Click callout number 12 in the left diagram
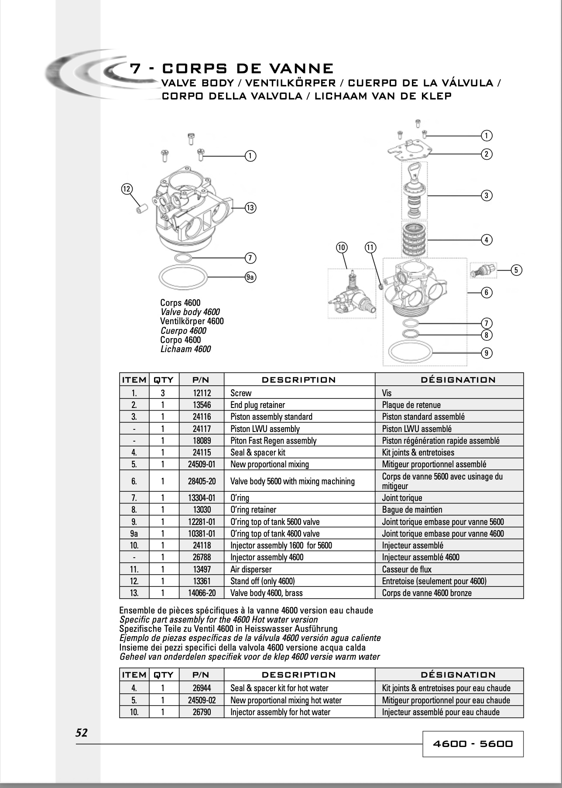pos(127,189)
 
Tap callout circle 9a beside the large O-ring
pos(250,277)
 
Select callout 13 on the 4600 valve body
pos(250,208)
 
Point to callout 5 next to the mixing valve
pos(516,270)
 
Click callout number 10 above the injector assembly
pos(341,248)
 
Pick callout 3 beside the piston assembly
pos(487,195)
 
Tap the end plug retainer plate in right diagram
pos(408,149)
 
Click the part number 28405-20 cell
pos(201,481)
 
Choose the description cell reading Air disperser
pos(299,569)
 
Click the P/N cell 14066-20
pos(201,593)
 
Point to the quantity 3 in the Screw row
pos(163,393)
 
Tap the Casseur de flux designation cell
pos(449,569)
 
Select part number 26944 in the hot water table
pos(201,688)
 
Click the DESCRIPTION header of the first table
pos(299,380)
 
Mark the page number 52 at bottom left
pos(82,733)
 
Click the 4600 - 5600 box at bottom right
pos(473,744)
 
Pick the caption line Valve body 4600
pos(190,312)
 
